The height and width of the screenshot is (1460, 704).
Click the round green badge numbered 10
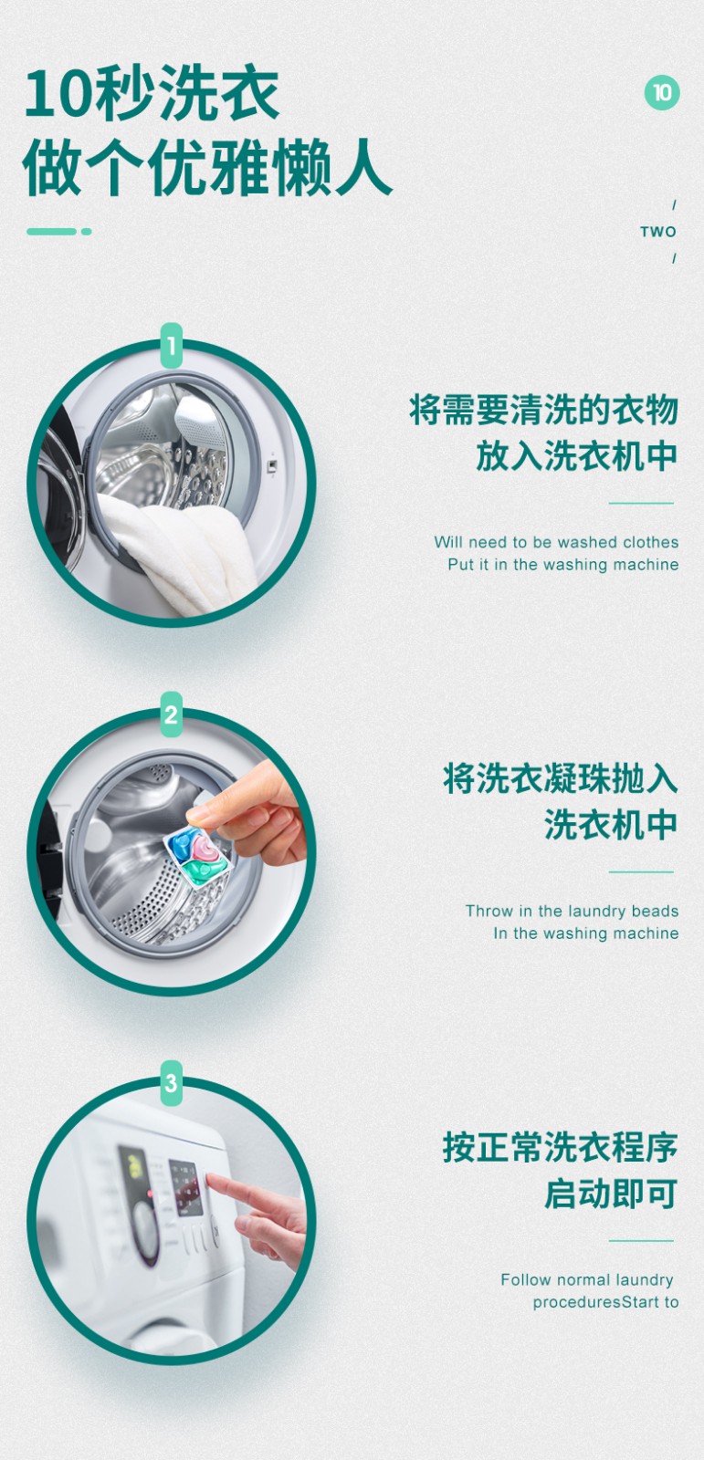pos(662,92)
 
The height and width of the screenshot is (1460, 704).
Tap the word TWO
pos(657,232)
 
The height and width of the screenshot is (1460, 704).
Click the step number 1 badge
pos(171,346)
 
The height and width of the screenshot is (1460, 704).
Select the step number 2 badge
pos(171,714)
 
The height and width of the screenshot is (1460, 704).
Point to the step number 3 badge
pos(171,1083)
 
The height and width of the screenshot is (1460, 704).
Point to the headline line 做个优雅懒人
pos(207,167)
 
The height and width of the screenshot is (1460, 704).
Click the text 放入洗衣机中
pos(577,455)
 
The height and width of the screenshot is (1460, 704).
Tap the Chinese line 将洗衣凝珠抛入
pos(561,778)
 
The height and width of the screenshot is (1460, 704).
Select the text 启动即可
pos(611,1194)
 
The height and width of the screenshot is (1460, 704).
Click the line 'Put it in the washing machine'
pos(563,565)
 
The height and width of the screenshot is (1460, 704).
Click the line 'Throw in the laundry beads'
pos(573,912)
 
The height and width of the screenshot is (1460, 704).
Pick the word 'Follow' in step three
pos(526,1279)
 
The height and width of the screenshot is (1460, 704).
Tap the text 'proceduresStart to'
pos(605,1302)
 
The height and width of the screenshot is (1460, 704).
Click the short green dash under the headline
pos(58,232)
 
